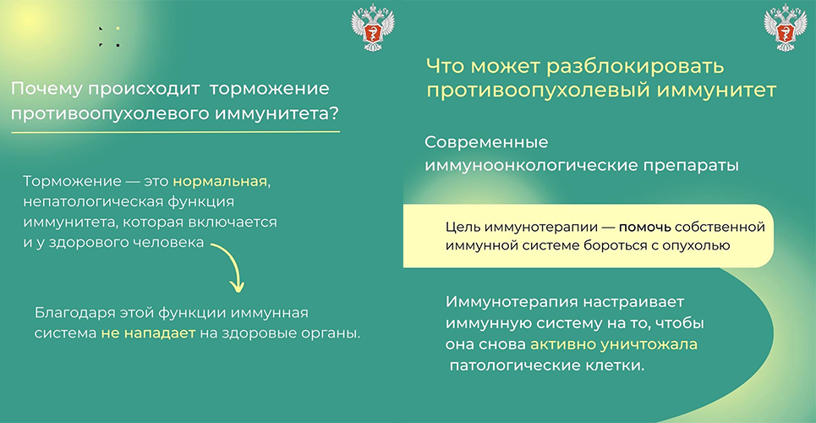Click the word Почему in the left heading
tap(46, 89)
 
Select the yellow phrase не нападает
tap(148, 332)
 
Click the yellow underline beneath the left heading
tap(175, 132)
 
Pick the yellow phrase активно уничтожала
tap(614, 345)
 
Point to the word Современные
tap(486, 142)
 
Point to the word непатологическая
tap(87, 203)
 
